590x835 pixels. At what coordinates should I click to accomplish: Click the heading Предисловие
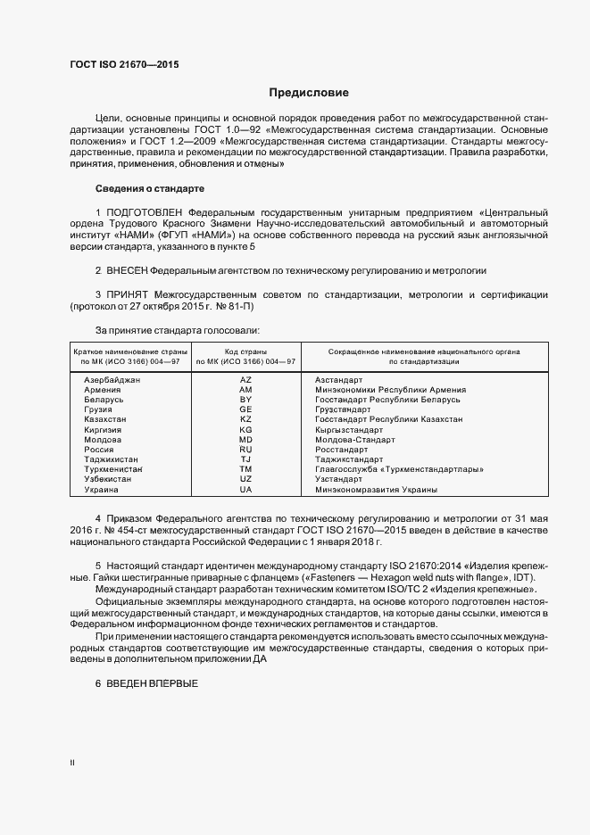coord(309,93)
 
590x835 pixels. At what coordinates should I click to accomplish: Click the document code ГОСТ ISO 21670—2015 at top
coord(129,65)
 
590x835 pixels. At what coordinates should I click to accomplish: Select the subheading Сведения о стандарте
coord(150,188)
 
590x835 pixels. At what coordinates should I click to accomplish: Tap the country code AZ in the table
coord(246,380)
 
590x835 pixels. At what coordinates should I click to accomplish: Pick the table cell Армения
coord(103,390)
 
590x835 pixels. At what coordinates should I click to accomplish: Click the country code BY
coord(246,400)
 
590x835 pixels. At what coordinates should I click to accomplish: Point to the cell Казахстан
coord(105,419)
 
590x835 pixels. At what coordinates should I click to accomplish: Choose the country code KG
coord(246,430)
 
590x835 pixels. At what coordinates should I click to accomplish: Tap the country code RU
coord(246,450)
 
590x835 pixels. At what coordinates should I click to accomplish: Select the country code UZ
coord(246,479)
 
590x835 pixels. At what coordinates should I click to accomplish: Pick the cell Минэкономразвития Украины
coord(376,490)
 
